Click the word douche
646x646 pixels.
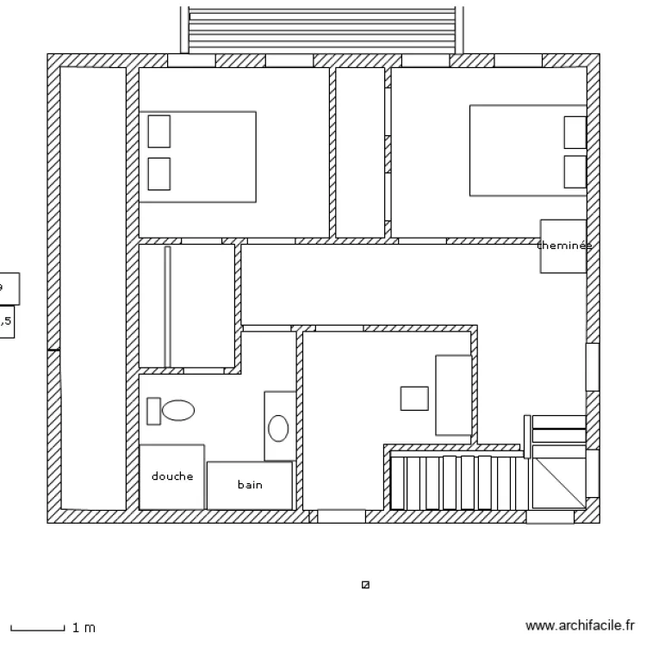click(x=172, y=476)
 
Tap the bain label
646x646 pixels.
click(x=250, y=485)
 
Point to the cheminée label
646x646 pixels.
click(x=564, y=245)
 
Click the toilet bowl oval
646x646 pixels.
click(x=178, y=410)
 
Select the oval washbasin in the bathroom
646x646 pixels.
click(x=279, y=427)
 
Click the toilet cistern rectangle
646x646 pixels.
click(x=153, y=411)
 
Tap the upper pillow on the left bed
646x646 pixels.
click(x=158, y=131)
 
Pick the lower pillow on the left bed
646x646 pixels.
click(x=158, y=173)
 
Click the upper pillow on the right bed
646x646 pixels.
click(x=575, y=132)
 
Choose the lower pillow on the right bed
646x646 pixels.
click(x=575, y=171)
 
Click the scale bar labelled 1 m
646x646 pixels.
click(x=38, y=628)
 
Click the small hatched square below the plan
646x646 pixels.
click(x=365, y=585)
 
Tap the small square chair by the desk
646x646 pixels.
click(x=414, y=399)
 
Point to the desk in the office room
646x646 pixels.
click(x=453, y=394)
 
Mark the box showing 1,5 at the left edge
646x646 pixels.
click(x=6, y=322)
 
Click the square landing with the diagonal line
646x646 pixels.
click(x=559, y=483)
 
